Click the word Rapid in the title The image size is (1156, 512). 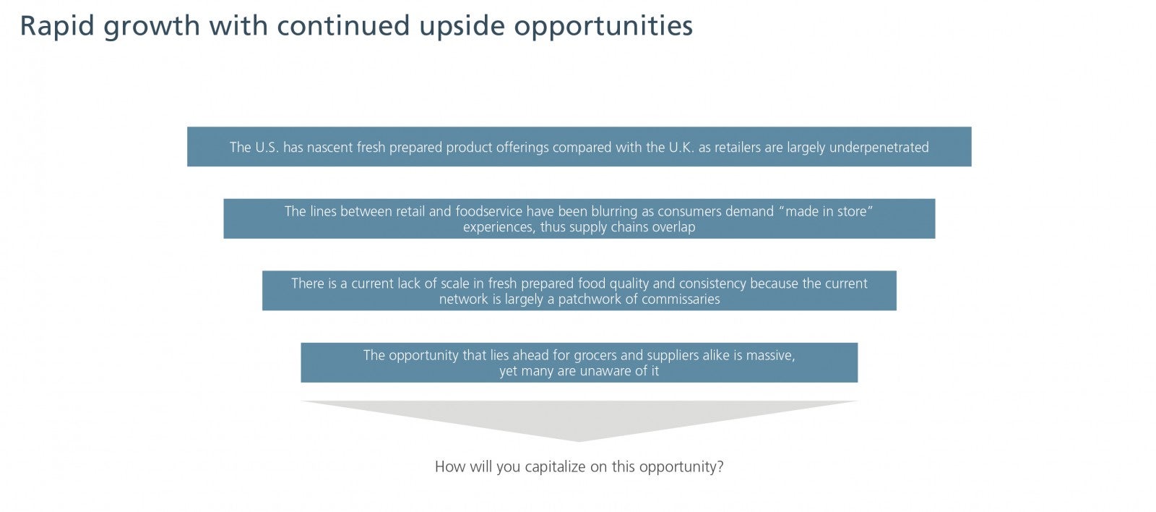(57, 26)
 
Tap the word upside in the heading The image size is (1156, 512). (462, 26)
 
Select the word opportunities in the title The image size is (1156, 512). (603, 26)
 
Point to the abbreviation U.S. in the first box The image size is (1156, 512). (267, 148)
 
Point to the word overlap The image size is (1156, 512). (673, 227)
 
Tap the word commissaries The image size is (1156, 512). (681, 299)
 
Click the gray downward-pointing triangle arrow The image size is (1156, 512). (579, 419)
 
